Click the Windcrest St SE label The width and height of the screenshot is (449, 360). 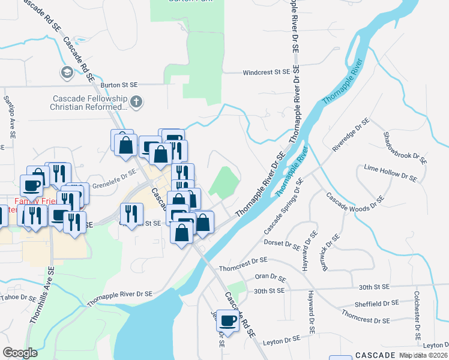[x=266, y=73]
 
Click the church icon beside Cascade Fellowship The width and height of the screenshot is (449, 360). [x=136, y=101]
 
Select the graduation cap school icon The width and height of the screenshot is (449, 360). [x=67, y=73]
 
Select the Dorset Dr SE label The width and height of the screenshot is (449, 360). [x=282, y=242]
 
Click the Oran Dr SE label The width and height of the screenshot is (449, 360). [x=270, y=277]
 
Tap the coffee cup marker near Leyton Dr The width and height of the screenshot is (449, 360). [x=228, y=320]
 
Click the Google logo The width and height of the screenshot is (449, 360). [x=20, y=353]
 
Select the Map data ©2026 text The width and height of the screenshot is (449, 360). [x=423, y=356]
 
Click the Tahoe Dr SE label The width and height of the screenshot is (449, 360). [x=20, y=298]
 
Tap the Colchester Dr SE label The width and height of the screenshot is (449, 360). [x=416, y=317]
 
